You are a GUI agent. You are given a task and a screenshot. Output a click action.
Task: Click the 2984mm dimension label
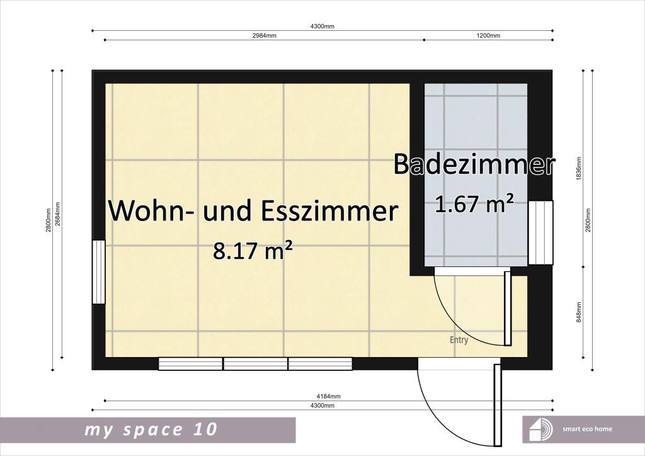click(264, 35)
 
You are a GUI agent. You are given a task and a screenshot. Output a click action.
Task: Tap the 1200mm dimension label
click(488, 35)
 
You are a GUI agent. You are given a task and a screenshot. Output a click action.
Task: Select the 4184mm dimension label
click(328, 396)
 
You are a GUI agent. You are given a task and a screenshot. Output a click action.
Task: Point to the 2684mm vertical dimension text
click(57, 214)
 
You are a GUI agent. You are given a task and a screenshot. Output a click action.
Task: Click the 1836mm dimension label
click(579, 169)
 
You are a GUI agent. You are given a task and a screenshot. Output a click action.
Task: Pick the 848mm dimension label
click(579, 312)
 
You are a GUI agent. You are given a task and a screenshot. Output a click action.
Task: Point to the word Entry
click(459, 341)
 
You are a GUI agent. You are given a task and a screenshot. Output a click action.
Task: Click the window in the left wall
click(99, 272)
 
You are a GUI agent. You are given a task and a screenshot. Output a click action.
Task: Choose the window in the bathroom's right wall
click(540, 232)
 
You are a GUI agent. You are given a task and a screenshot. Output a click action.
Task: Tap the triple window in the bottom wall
click(255, 364)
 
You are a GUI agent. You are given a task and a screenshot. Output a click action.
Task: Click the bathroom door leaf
click(508, 308)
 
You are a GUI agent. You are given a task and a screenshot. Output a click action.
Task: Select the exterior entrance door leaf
click(498, 405)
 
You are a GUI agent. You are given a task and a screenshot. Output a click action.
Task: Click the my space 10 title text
click(151, 430)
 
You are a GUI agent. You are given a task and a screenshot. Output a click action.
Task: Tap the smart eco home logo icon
click(540, 430)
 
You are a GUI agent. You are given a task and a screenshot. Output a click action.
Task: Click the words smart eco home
click(587, 429)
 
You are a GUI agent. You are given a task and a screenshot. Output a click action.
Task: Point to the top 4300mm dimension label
click(322, 26)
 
